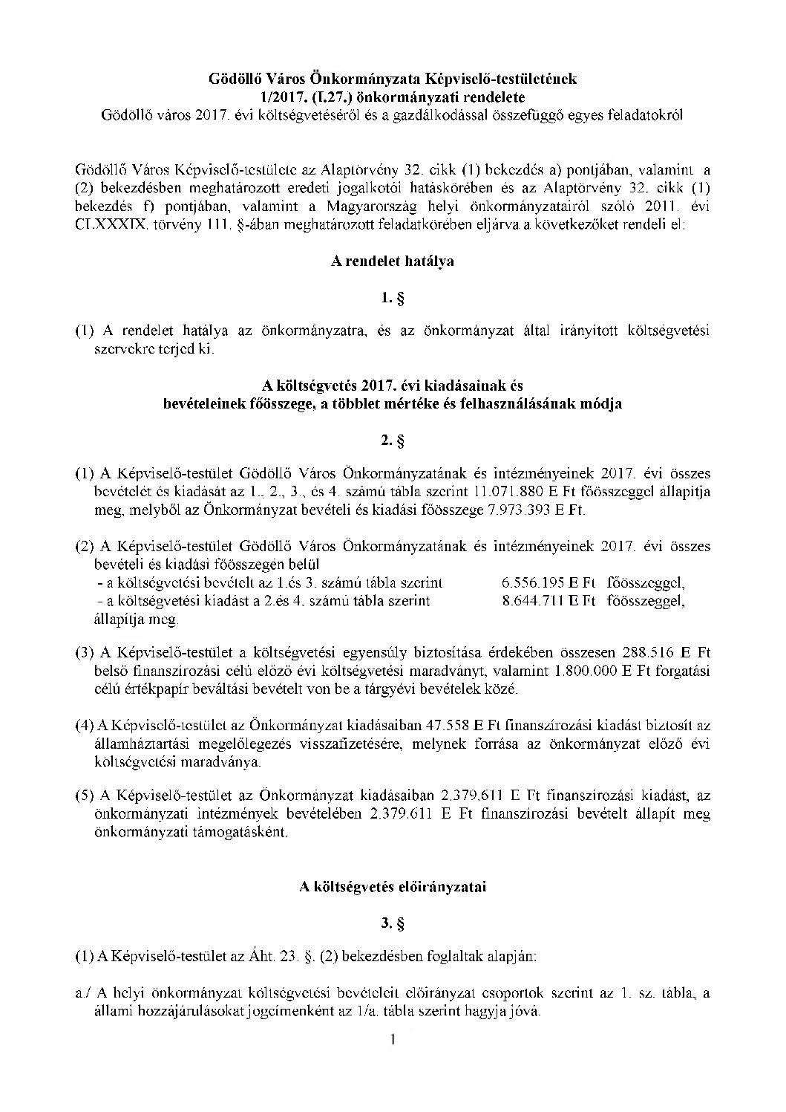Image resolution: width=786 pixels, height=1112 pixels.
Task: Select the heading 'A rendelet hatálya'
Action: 393,261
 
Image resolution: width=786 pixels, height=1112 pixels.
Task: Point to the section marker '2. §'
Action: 393,440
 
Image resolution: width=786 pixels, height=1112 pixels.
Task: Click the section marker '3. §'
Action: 393,924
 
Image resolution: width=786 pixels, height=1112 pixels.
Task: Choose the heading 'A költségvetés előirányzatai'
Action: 393,887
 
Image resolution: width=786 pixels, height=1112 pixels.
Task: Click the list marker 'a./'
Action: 84,994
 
